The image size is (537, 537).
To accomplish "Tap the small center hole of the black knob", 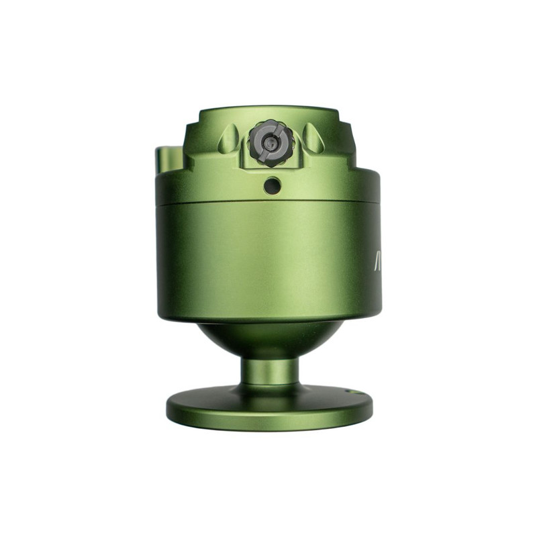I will [x=270, y=143].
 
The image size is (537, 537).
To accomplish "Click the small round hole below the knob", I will [x=271, y=185].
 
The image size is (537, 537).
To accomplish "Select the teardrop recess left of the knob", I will [x=228, y=139].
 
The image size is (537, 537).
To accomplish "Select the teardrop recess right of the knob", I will [x=313, y=138].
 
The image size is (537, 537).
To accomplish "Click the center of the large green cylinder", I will [x=268, y=262].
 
